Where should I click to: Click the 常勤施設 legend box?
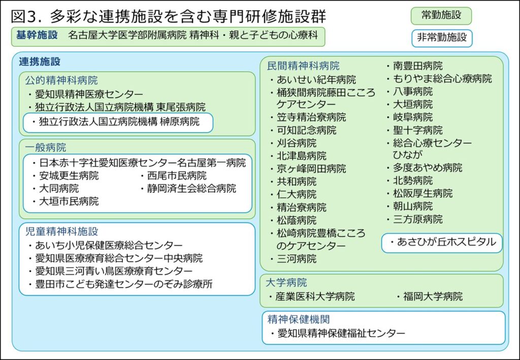point(441,16)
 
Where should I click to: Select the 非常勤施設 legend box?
point(441,38)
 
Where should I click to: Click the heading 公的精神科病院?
point(61,80)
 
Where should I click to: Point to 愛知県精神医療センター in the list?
point(89,94)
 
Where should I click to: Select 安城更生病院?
point(69,176)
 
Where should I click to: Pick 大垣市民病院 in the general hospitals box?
point(69,202)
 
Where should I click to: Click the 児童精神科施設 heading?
point(61,232)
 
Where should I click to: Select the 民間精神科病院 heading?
point(304,66)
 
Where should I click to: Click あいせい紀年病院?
point(316,80)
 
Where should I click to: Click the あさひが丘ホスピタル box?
point(442,243)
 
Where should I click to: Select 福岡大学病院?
point(432,297)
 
